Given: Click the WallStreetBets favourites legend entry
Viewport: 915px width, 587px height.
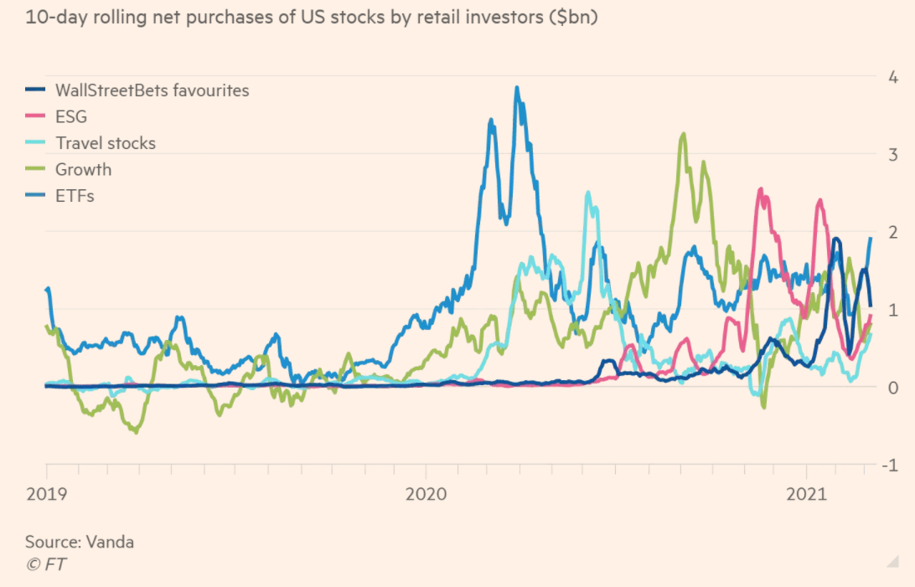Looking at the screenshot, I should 152,90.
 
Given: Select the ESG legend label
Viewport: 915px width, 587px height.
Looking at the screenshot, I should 70,116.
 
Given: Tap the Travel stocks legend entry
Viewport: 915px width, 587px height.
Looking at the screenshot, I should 105,143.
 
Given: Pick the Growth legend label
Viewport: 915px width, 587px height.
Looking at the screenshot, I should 83,169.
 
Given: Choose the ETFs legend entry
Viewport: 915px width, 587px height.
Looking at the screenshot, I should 73,196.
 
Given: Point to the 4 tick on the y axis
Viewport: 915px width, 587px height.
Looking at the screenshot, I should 893,77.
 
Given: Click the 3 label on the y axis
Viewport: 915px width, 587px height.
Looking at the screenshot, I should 893,154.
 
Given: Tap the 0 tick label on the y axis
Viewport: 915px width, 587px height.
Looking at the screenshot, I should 893,387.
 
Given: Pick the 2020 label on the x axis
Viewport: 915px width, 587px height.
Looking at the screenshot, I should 426,494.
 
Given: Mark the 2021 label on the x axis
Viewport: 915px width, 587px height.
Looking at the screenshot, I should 807,494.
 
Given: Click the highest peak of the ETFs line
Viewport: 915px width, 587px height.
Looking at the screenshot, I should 517,87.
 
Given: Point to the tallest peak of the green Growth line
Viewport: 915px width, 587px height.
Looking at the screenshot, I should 684,134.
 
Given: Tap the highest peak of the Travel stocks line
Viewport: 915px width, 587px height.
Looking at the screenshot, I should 588,193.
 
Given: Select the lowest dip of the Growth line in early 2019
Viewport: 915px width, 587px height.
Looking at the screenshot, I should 135,432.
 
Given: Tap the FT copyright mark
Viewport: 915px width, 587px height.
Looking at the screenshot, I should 45,564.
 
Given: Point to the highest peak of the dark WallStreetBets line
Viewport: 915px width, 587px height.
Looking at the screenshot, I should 835,239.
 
